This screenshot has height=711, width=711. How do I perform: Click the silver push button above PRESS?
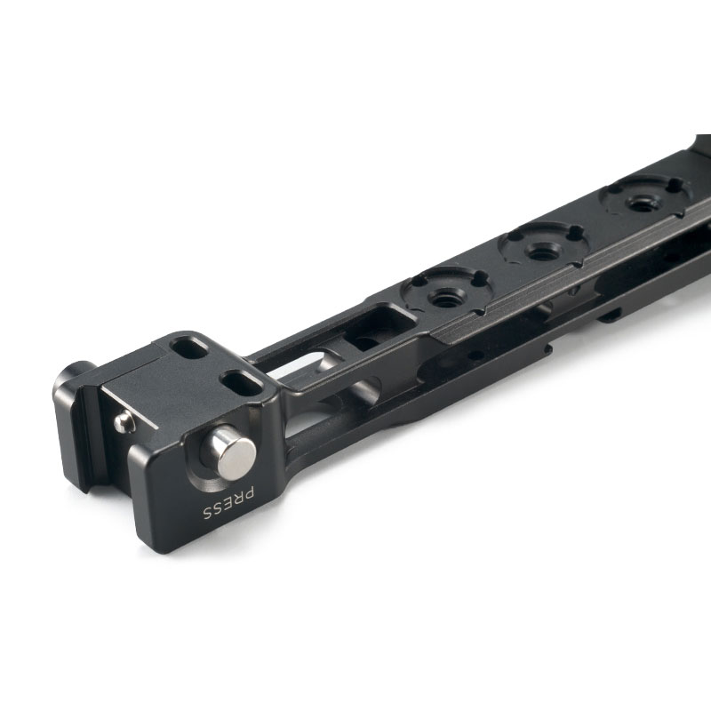pos(231,452)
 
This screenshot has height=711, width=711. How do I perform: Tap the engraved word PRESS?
pos(228,503)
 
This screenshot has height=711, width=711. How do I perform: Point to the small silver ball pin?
pos(123,422)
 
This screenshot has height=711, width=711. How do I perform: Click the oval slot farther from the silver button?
pos(189,348)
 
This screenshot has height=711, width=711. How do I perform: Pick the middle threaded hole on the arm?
pos(542,251)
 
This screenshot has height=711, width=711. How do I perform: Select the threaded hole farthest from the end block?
pos(641,204)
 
